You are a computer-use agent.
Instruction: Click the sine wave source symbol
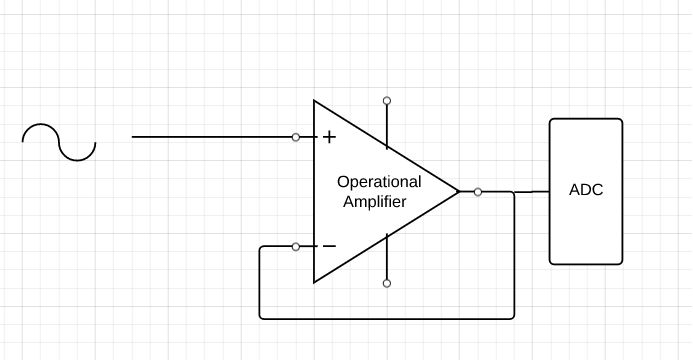59,142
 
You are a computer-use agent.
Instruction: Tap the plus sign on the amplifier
328,137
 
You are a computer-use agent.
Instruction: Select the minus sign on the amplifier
328,246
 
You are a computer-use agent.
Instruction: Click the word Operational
379,182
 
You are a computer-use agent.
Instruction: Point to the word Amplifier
374,201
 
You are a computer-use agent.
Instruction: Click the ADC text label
585,190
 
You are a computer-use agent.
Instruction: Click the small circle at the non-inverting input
296,137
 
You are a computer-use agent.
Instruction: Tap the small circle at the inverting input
296,246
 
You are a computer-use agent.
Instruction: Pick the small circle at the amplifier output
478,191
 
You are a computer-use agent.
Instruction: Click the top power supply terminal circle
387,100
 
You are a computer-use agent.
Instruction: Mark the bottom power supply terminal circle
387,283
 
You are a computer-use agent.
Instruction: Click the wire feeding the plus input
210,137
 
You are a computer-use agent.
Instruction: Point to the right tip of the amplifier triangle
458,191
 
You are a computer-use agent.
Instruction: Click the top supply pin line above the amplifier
387,120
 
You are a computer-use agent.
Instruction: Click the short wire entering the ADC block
532,191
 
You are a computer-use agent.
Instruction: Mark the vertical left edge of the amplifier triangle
314,191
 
